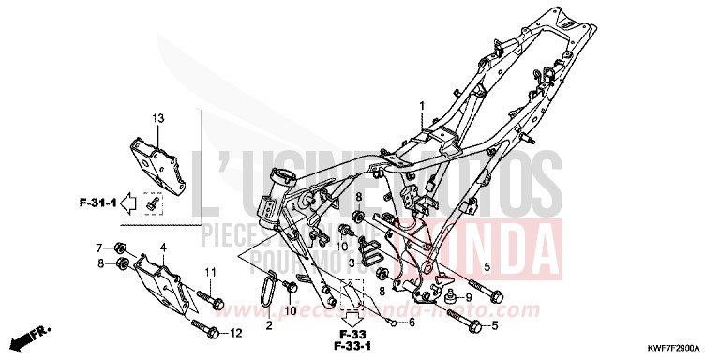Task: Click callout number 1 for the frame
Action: (422, 105)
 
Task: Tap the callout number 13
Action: (158, 118)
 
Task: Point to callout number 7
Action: (99, 247)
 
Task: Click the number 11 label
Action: (210, 272)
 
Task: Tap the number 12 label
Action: (236, 332)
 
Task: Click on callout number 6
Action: (410, 322)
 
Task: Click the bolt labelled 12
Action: (205, 329)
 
